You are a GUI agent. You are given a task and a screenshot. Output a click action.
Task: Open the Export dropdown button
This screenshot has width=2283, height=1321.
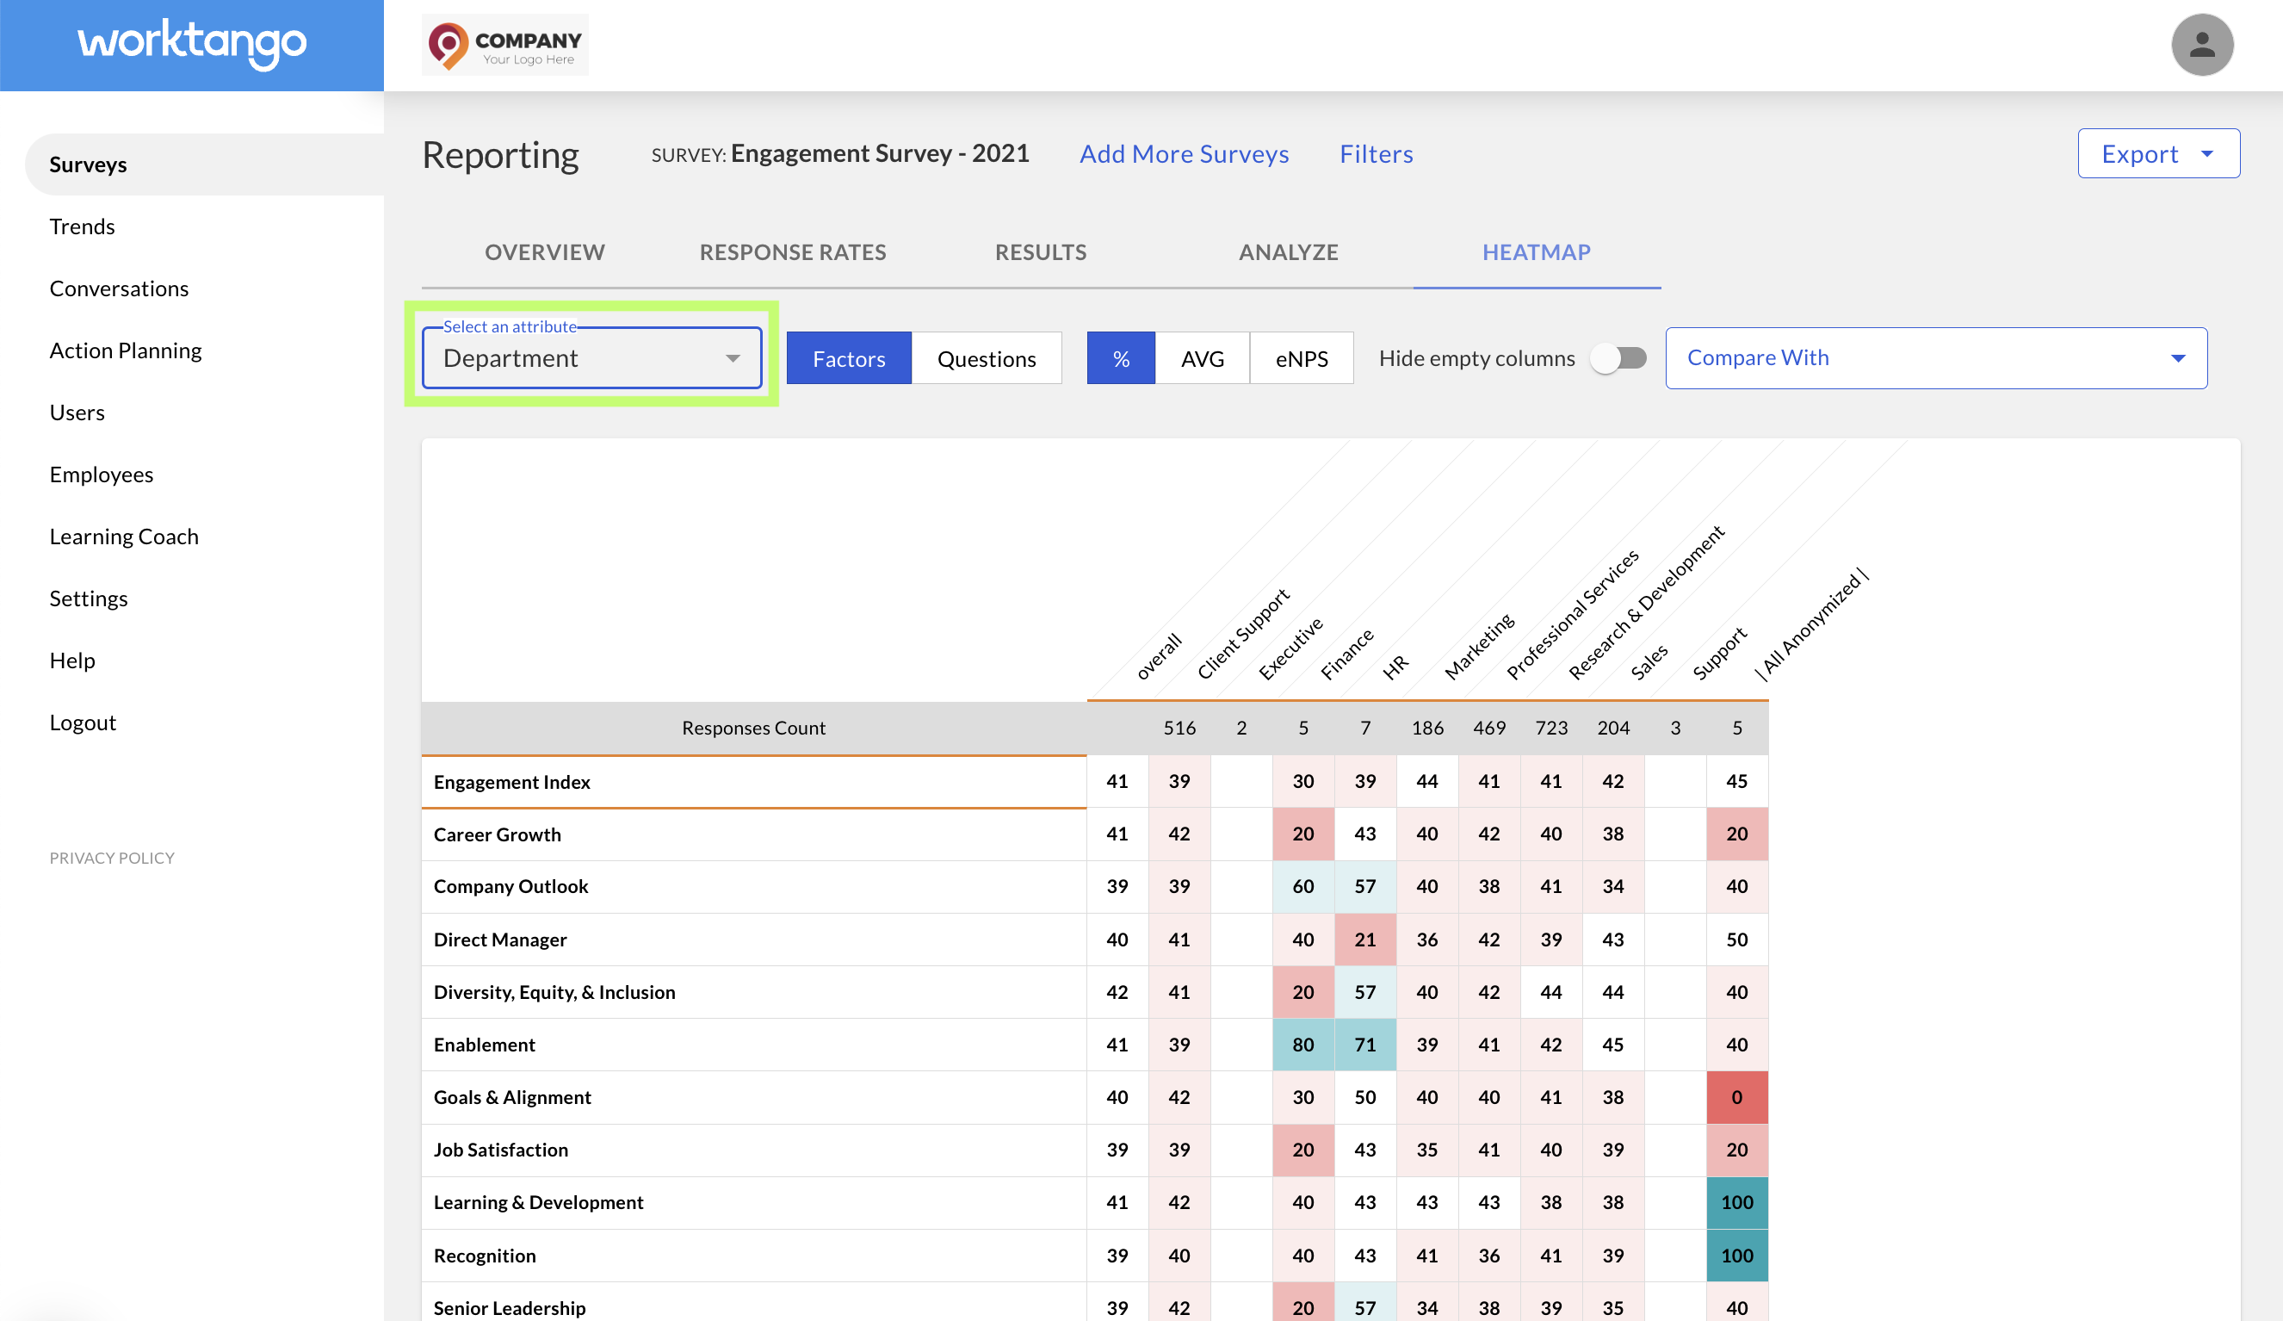click(2158, 153)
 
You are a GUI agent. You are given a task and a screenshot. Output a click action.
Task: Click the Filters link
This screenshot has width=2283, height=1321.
click(1377, 154)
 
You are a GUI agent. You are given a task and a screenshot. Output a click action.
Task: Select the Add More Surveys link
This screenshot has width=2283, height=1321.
click(1184, 154)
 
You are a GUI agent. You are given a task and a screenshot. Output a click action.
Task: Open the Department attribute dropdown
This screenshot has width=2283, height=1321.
click(592, 358)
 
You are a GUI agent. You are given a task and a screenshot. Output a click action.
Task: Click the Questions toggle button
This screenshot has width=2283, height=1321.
click(987, 358)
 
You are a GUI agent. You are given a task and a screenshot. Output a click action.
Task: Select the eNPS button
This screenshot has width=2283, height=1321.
click(1302, 358)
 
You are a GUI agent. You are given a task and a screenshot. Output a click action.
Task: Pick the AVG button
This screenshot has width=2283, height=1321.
click(1203, 358)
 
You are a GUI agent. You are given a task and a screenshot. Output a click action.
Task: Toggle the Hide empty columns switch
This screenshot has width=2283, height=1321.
click(1620, 358)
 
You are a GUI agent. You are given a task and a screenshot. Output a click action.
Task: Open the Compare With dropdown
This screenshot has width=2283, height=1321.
click(1936, 358)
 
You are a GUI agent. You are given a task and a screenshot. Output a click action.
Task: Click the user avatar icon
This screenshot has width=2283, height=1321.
click(2201, 45)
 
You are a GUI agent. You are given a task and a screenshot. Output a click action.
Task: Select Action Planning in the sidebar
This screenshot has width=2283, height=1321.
click(126, 350)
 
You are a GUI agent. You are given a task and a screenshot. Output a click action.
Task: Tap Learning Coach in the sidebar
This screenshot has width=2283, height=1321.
click(124, 536)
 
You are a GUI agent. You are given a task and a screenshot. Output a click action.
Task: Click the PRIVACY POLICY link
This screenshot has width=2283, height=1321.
click(112, 858)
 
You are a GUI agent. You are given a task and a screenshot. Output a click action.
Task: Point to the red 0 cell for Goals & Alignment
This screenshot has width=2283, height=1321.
click(1736, 1097)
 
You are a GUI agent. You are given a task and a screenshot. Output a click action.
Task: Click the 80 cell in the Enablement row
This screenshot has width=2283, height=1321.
click(1302, 1045)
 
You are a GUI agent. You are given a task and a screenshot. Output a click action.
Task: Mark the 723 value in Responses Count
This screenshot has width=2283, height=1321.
click(1551, 728)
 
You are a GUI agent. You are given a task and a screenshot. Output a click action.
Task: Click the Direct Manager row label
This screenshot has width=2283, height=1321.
click(500, 940)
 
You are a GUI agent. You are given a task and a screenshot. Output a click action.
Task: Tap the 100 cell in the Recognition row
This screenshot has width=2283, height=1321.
click(1736, 1256)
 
